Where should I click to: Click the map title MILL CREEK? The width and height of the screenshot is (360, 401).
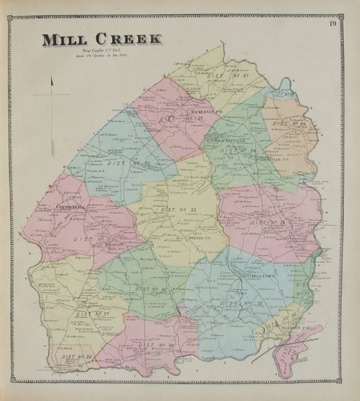[103, 40]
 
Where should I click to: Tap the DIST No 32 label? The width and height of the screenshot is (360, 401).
[178, 211]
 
